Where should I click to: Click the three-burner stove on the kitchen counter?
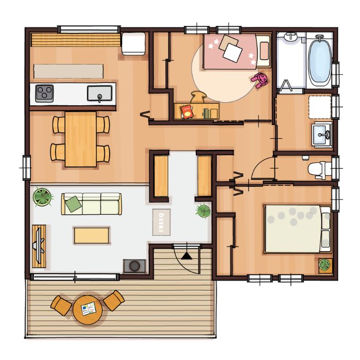pos(44,94)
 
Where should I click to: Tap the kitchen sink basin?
pos(100,93)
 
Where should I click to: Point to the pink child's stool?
pos(260,79)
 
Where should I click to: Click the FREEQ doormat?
pos(161,222)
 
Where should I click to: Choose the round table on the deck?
pos(87,310)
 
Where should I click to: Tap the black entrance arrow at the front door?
pos(186,256)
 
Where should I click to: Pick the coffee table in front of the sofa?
pos(92,236)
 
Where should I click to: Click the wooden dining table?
pos(80,139)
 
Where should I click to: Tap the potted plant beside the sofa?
pos(42,196)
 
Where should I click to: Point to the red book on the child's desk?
pos(187,112)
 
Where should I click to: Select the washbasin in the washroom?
pos(322,134)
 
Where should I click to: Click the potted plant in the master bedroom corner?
pos(325,265)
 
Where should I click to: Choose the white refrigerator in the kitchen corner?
pos(133,43)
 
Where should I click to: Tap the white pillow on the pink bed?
pos(232,52)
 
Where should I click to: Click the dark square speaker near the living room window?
pos(134,266)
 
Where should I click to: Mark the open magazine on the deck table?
pos(88,309)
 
